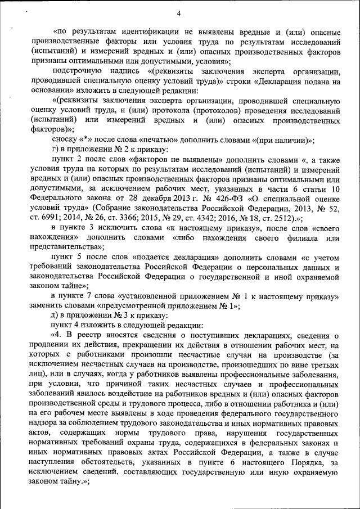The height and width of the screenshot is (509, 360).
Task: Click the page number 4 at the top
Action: (x=179, y=13)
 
